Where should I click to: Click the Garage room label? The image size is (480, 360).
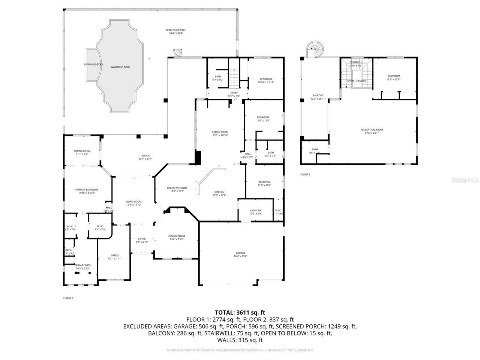pyautogui.click(x=240, y=255)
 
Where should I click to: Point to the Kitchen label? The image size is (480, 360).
pyautogui.click(x=219, y=193)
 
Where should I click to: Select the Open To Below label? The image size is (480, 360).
pyautogui.click(x=356, y=81)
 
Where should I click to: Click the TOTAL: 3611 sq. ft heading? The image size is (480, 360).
pyautogui.click(x=240, y=312)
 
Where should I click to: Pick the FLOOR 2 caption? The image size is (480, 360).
pyautogui.click(x=305, y=174)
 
